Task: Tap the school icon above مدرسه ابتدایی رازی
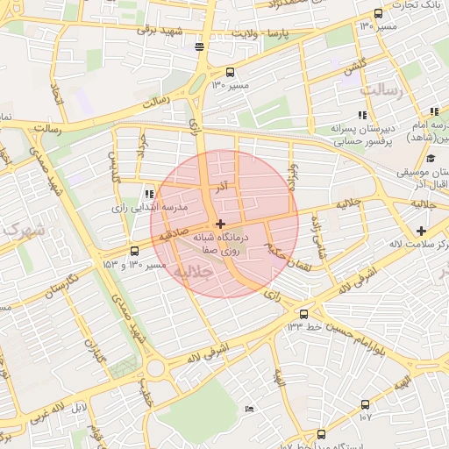tap(148, 194)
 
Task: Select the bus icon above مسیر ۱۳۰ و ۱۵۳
tap(133, 251)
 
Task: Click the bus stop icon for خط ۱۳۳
tap(303, 313)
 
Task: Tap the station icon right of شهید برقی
tap(200, 46)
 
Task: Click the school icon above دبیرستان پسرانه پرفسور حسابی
tap(361, 116)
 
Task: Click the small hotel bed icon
tap(250, 409)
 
